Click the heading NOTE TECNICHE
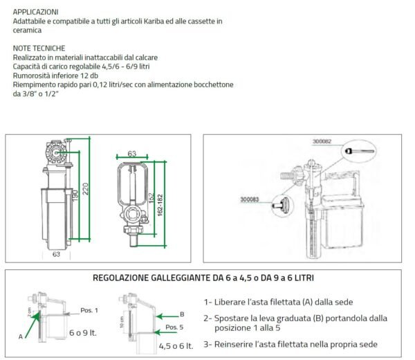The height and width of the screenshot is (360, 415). (x=39, y=48)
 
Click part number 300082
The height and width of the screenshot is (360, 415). (x=322, y=141)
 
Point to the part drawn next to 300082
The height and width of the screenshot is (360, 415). (x=360, y=150)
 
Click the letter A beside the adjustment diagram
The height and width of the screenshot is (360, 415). (x=21, y=336)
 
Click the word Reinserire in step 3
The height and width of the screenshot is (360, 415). (x=236, y=344)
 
